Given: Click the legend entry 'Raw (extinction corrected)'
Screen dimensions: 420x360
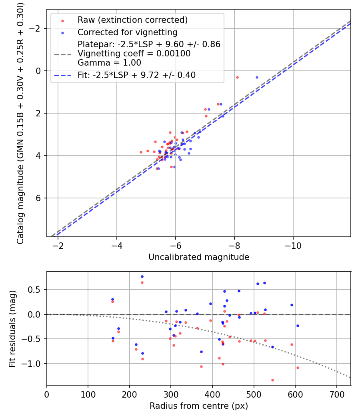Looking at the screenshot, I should click(132, 20).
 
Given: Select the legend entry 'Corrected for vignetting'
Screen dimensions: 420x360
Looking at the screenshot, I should click(127, 32).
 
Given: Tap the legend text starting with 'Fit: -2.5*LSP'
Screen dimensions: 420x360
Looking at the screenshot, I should click(136, 75).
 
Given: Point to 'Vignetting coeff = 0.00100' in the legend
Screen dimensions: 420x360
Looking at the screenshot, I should click(134, 54).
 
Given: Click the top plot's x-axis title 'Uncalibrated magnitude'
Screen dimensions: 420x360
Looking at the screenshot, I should click(199, 257).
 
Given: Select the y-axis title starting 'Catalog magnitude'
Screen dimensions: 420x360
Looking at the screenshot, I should click(20, 123).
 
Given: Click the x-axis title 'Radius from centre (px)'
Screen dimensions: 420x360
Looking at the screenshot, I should click(199, 406).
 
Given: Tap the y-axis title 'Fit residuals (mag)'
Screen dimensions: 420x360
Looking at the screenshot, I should click(12, 329).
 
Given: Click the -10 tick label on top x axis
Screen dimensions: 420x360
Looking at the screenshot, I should click(293, 245).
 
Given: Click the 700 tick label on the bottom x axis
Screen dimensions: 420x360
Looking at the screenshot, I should click(336, 394).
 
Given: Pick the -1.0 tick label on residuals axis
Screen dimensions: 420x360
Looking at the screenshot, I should click(34, 364).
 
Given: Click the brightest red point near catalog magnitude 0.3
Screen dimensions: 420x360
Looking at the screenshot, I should click(237, 77).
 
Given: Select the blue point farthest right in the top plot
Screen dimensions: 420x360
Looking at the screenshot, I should click(257, 77).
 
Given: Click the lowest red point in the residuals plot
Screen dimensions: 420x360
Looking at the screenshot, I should click(272, 380).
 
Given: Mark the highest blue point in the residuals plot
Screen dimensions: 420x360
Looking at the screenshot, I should click(142, 276).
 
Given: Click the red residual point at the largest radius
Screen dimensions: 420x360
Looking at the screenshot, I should click(298, 368).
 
